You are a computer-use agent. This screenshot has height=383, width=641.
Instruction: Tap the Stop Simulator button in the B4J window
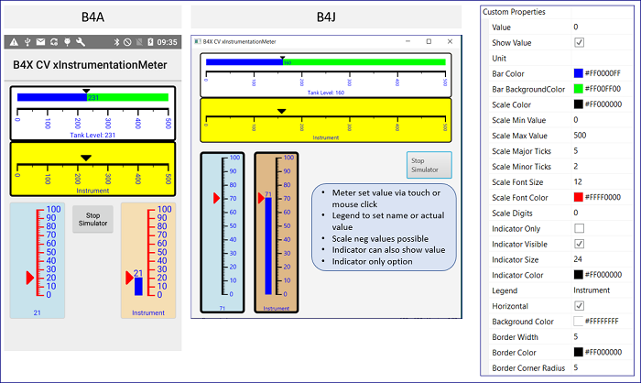[x=429, y=165]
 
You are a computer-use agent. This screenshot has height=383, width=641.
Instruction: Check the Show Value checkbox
[x=579, y=42]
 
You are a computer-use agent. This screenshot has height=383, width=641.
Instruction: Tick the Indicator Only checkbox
[x=579, y=227]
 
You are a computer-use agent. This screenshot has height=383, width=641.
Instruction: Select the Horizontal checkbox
[x=579, y=305]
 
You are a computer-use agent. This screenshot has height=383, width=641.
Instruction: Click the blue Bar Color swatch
[x=579, y=73]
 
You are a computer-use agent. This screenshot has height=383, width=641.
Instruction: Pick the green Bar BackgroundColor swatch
[x=579, y=89]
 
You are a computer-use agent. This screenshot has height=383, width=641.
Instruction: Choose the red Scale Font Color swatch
[x=579, y=197]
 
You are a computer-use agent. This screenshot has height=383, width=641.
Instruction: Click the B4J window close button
[x=450, y=41]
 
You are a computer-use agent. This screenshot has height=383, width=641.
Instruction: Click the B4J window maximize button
[x=429, y=41]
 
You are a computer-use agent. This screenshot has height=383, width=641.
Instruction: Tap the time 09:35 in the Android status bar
[x=167, y=41]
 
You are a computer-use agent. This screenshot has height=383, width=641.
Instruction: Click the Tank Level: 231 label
[x=92, y=135]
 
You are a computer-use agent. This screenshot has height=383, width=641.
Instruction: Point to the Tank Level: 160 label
[x=326, y=93]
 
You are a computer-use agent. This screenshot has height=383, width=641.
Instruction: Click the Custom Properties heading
[x=514, y=12]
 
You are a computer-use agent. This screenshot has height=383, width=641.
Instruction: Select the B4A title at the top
[x=92, y=17]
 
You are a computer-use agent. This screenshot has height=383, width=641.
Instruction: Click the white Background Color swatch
[x=579, y=321]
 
